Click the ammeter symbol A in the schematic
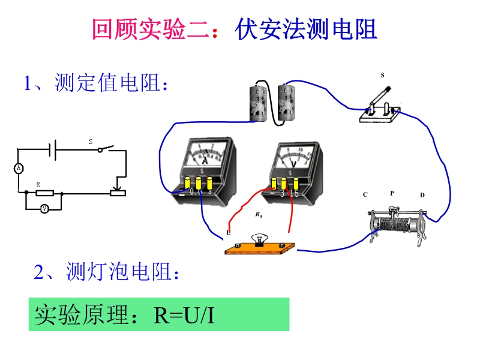pos(19,169)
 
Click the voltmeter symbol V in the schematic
pos(44,209)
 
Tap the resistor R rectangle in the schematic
pos(45,193)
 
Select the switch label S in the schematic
pos(91,142)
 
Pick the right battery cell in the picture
pos(291,101)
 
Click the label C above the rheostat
pos(365,194)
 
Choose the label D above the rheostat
pos(422,195)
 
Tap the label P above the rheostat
pos(392,193)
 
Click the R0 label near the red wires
pos(258,214)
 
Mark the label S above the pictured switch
pos(383,75)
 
